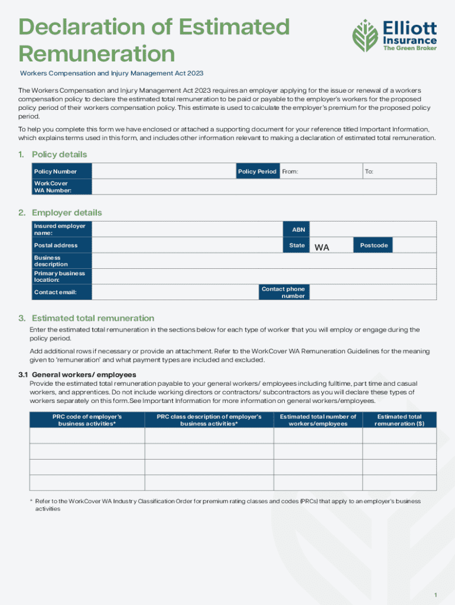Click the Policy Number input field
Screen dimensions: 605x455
(x=163, y=171)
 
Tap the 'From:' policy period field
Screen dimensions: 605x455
(x=321, y=171)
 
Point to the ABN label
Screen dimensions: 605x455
(x=297, y=229)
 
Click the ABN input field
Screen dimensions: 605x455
(x=373, y=229)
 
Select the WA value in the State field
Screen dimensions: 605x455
(x=322, y=247)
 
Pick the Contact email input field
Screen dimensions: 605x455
(x=175, y=292)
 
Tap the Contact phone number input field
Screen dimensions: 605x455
(x=373, y=292)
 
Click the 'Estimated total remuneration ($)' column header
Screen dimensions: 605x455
(x=399, y=420)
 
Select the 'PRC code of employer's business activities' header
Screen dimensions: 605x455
(x=87, y=420)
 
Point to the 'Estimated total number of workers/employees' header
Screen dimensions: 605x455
(x=318, y=420)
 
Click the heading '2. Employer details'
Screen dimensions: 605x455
(x=66, y=213)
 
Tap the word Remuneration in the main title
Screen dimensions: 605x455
(x=97, y=54)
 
